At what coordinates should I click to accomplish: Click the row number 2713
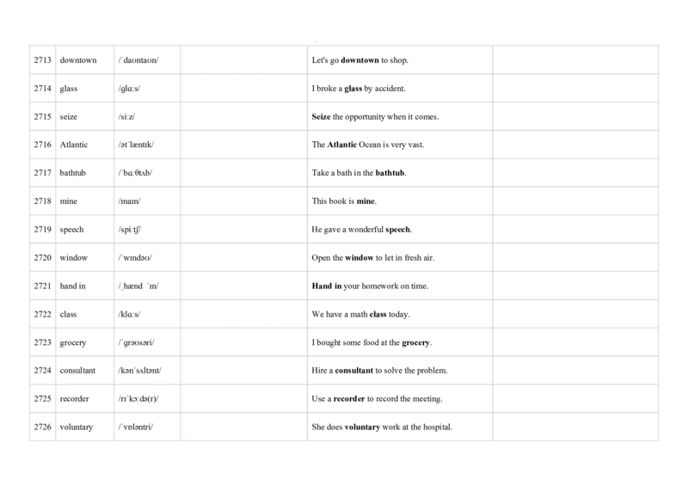tap(42, 60)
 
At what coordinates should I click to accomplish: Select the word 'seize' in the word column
tap(69, 117)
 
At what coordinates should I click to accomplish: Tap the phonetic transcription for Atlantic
tap(136, 145)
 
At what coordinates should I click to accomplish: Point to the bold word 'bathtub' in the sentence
tap(390, 173)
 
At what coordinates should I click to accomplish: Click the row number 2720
tap(42, 258)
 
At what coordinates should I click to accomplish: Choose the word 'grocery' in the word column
tap(73, 343)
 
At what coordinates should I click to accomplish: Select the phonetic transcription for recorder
tap(138, 398)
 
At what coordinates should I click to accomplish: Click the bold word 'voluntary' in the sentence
tap(362, 427)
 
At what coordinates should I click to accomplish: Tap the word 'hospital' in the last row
tap(438, 427)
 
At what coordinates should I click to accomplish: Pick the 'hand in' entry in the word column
tap(73, 286)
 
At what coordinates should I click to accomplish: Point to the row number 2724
tap(42, 371)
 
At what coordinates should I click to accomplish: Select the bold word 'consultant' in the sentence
tap(354, 371)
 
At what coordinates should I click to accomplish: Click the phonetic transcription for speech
tap(130, 230)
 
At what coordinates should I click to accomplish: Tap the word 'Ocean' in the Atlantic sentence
tap(370, 145)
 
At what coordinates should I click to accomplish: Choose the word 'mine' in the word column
tap(69, 201)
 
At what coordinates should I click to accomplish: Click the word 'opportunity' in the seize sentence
tap(365, 117)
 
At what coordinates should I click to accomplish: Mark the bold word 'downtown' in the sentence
tap(359, 60)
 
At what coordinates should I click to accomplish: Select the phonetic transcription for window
tap(135, 258)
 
